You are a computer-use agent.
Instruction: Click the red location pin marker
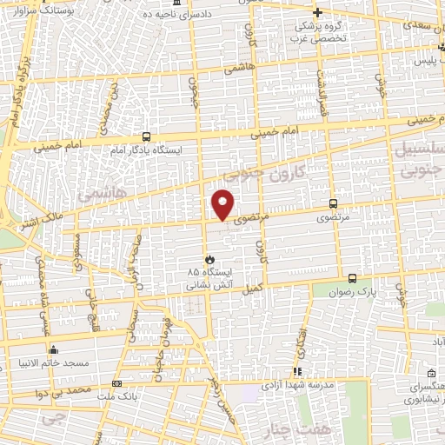point(223,205)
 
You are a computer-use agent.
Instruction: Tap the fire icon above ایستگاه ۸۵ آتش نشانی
point(209,259)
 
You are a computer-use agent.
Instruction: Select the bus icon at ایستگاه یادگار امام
point(145,136)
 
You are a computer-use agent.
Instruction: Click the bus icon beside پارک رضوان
point(352,278)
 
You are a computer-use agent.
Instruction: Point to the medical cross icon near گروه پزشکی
point(318,12)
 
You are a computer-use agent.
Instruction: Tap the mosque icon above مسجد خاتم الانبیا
point(53,350)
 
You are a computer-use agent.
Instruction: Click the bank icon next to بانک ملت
point(117,383)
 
